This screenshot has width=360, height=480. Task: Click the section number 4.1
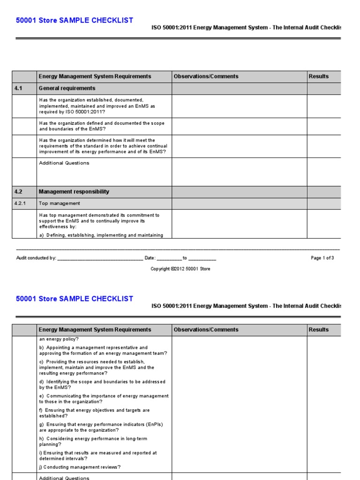click(x=19, y=88)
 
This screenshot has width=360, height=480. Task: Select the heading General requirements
click(x=67, y=88)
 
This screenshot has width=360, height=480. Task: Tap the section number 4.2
click(x=19, y=192)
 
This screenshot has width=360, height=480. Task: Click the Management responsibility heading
click(x=74, y=192)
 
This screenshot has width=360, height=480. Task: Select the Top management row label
click(x=60, y=203)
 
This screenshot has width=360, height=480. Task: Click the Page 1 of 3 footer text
click(x=322, y=258)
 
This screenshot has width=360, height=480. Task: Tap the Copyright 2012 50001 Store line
click(x=180, y=269)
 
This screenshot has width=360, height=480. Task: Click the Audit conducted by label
click(x=37, y=258)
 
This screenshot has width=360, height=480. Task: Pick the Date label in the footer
click(x=150, y=258)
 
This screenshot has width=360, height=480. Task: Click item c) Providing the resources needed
click(x=97, y=367)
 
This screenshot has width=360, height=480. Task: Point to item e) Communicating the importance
click(x=104, y=399)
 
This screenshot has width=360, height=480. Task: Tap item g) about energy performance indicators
click(x=101, y=427)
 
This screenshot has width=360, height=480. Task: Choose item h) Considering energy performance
click(x=94, y=441)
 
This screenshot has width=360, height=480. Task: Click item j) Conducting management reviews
click(x=80, y=467)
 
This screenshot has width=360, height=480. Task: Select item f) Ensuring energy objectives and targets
click(x=94, y=413)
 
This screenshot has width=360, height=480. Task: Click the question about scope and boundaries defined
click(x=102, y=126)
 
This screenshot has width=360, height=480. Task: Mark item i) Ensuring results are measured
click(x=98, y=456)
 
